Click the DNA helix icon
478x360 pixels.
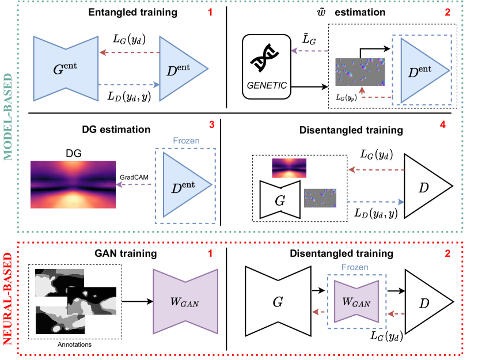[x=264, y=58]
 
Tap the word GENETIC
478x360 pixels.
[x=267, y=85]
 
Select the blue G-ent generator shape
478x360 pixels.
[x=66, y=69]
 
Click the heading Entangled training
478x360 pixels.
[x=132, y=12]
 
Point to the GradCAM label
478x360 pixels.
[x=134, y=177]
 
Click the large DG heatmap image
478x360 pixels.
[x=73, y=184]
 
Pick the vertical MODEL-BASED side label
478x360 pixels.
[x=8, y=117]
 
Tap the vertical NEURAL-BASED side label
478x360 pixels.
[x=8, y=299]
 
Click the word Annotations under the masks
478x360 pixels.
[x=74, y=344]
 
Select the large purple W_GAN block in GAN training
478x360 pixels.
[x=185, y=301]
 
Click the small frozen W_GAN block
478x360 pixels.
[x=356, y=301]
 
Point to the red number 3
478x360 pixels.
[x=211, y=124]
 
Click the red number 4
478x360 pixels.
[x=443, y=124]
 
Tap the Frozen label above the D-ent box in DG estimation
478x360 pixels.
[x=186, y=141]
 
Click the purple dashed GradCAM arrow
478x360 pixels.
[x=134, y=184]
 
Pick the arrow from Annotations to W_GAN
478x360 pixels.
[x=138, y=301]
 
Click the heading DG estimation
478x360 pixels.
[x=116, y=130]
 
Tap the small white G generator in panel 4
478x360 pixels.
[x=280, y=200]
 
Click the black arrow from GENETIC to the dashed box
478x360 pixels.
[x=309, y=87]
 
